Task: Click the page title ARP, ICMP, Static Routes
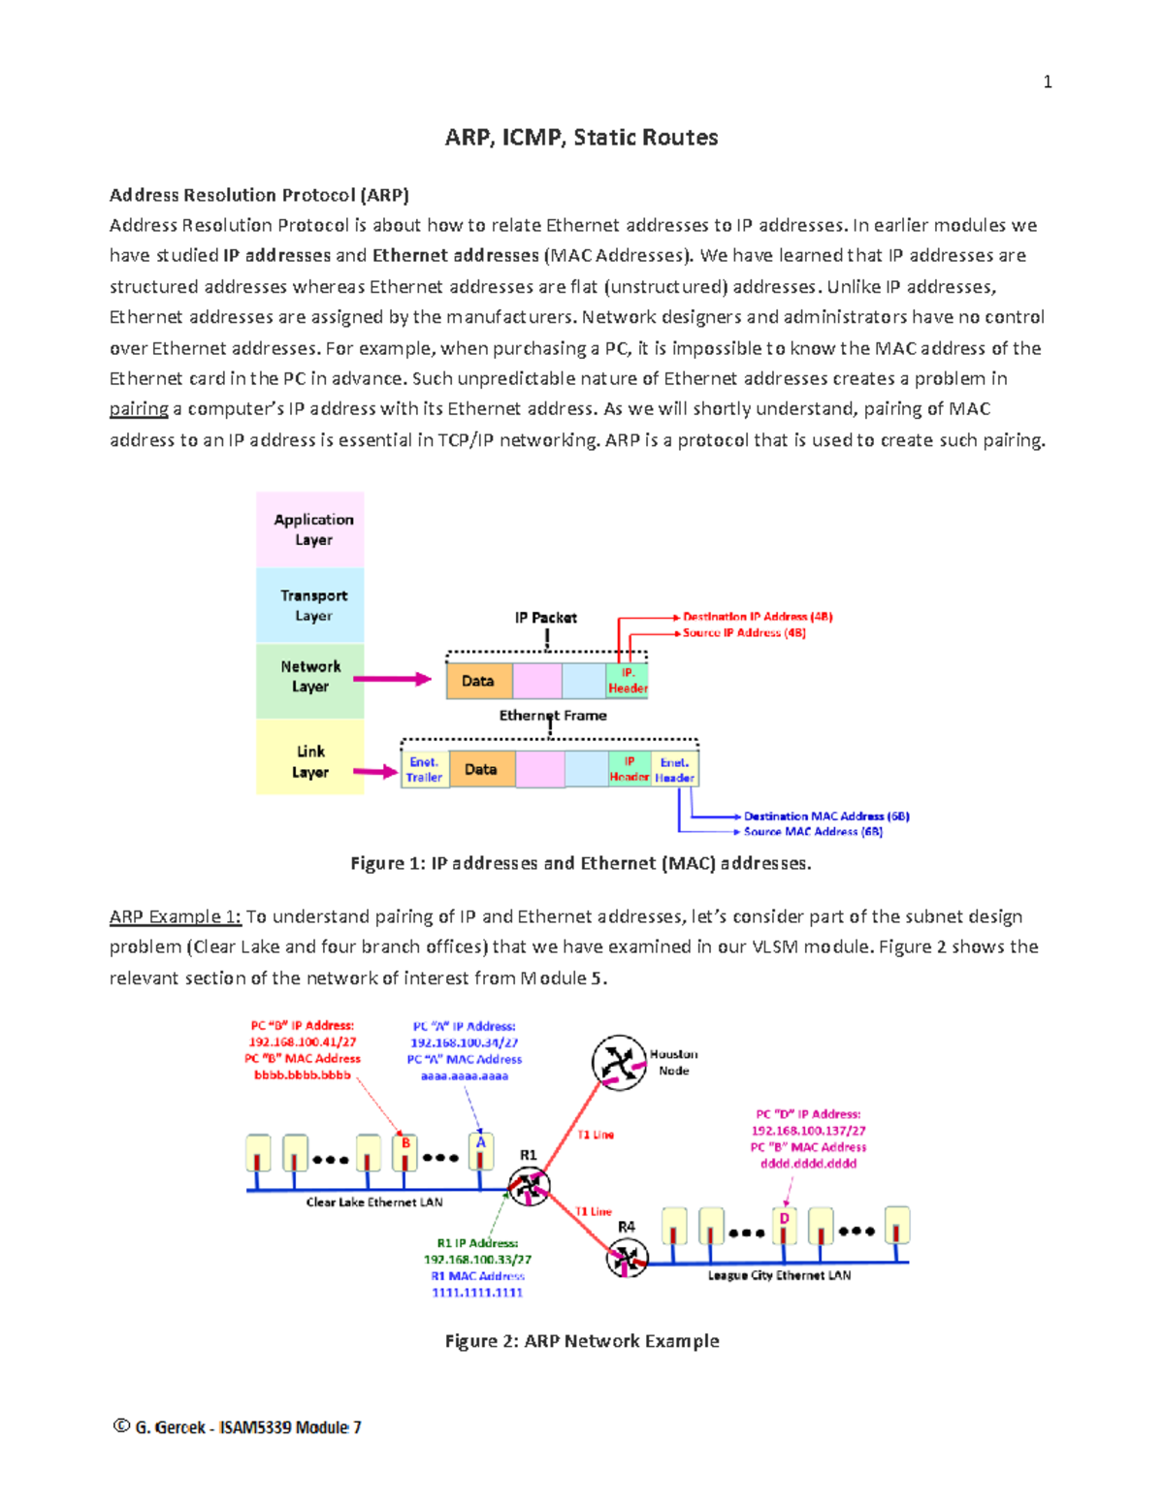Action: point(581,138)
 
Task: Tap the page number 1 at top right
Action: point(1047,82)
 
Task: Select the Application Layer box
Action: point(310,529)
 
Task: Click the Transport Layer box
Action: point(310,605)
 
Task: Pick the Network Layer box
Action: point(310,678)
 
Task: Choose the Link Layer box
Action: point(310,761)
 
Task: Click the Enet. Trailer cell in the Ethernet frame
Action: point(424,770)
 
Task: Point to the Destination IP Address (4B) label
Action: point(757,617)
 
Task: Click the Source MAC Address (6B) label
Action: point(812,832)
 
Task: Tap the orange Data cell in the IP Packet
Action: point(477,682)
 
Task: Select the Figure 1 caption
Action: point(580,863)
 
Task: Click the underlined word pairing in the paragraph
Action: point(139,409)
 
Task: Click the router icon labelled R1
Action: point(530,1185)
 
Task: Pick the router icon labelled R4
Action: point(627,1259)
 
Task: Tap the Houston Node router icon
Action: point(619,1063)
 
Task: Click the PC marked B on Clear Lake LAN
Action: point(404,1153)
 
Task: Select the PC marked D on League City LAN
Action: point(784,1227)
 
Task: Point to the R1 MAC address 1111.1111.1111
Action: point(476,1293)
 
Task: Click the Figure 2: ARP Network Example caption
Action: point(581,1341)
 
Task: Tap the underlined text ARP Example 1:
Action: point(175,916)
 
